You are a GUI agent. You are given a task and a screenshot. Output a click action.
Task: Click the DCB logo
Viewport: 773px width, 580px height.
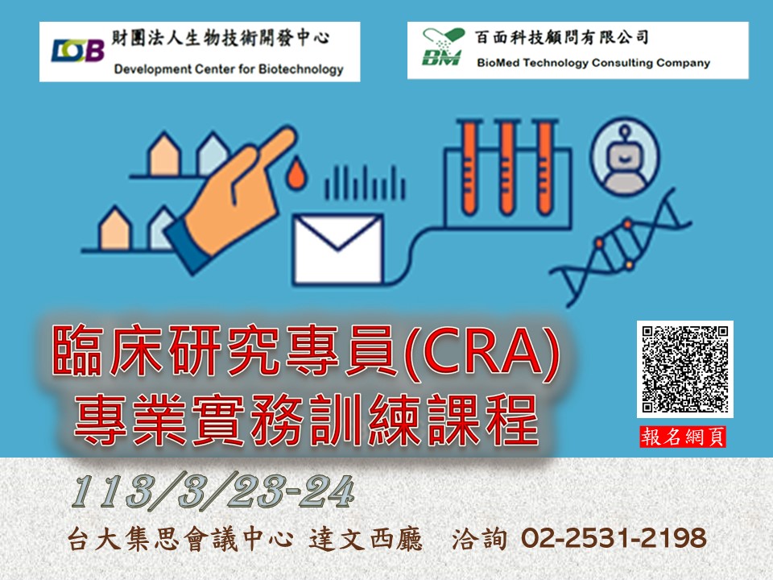pos(78,50)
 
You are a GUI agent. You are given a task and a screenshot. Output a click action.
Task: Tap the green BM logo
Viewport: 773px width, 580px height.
pos(443,47)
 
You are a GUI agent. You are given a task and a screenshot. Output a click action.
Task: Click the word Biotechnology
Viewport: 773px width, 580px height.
pos(300,69)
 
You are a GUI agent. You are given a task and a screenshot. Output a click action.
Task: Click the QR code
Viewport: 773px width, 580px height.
pos(684,369)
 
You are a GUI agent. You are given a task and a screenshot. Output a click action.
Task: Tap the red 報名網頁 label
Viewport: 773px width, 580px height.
pos(683,437)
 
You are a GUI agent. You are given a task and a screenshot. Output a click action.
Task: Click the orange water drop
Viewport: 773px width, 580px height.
pos(296,173)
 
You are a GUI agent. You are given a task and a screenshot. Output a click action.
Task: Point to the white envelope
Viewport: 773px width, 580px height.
pos(337,249)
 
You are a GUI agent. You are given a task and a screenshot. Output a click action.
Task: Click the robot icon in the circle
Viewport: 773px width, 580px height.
pos(625,155)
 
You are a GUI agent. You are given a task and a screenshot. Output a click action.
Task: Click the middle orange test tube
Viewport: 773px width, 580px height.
pos(506,168)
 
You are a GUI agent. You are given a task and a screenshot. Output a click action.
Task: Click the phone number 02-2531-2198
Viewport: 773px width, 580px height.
pos(614,538)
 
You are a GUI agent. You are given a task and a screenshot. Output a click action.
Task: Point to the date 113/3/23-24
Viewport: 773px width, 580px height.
pos(213,491)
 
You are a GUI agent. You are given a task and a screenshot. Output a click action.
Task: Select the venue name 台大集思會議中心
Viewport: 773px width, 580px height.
pos(180,539)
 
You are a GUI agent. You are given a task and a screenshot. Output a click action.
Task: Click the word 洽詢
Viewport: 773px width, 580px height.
pos(479,539)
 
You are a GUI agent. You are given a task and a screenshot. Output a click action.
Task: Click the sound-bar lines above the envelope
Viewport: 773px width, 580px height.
pos(365,183)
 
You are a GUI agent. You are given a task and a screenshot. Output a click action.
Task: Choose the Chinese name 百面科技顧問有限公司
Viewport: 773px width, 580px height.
pos(561,38)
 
